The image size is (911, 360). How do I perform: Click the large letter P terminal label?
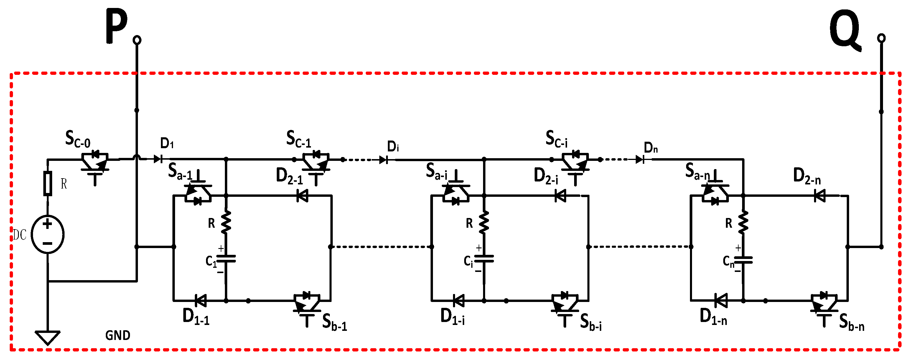[116, 27]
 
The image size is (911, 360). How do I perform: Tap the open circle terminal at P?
[137, 40]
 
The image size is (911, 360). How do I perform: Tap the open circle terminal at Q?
[881, 38]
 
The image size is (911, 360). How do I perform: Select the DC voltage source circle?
[47, 234]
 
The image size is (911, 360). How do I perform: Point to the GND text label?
[118, 335]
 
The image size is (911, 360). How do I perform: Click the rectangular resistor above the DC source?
[48, 183]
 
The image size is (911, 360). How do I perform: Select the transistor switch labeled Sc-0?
[95, 164]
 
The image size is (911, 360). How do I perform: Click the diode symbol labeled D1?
[158, 159]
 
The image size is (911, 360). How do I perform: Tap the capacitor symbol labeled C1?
[226, 259]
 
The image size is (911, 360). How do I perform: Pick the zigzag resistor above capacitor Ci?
[484, 222]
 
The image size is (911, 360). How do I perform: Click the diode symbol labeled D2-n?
[819, 196]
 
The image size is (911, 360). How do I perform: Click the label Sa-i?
[436, 171]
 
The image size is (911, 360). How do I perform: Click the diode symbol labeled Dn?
[639, 159]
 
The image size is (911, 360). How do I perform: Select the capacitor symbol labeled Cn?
[743, 260]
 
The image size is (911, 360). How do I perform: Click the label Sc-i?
[556, 139]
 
